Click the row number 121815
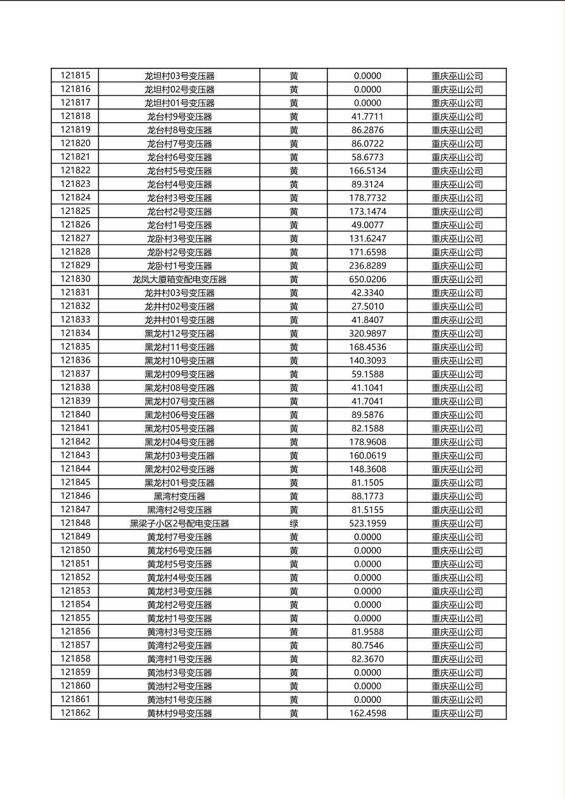75,75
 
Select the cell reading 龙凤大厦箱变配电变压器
179,279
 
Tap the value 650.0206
367,279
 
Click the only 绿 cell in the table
294,524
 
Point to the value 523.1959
367,524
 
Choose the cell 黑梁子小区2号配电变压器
179,524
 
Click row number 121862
75,713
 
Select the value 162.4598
367,714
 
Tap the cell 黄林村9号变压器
179,714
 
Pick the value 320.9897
367,334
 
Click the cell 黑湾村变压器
179,496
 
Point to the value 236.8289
367,266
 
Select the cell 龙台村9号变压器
179,116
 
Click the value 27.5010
367,306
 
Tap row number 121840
75,415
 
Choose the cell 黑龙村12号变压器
179,334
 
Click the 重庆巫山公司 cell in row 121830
457,279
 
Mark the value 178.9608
367,442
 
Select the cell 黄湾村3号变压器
179,632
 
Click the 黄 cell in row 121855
294,619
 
